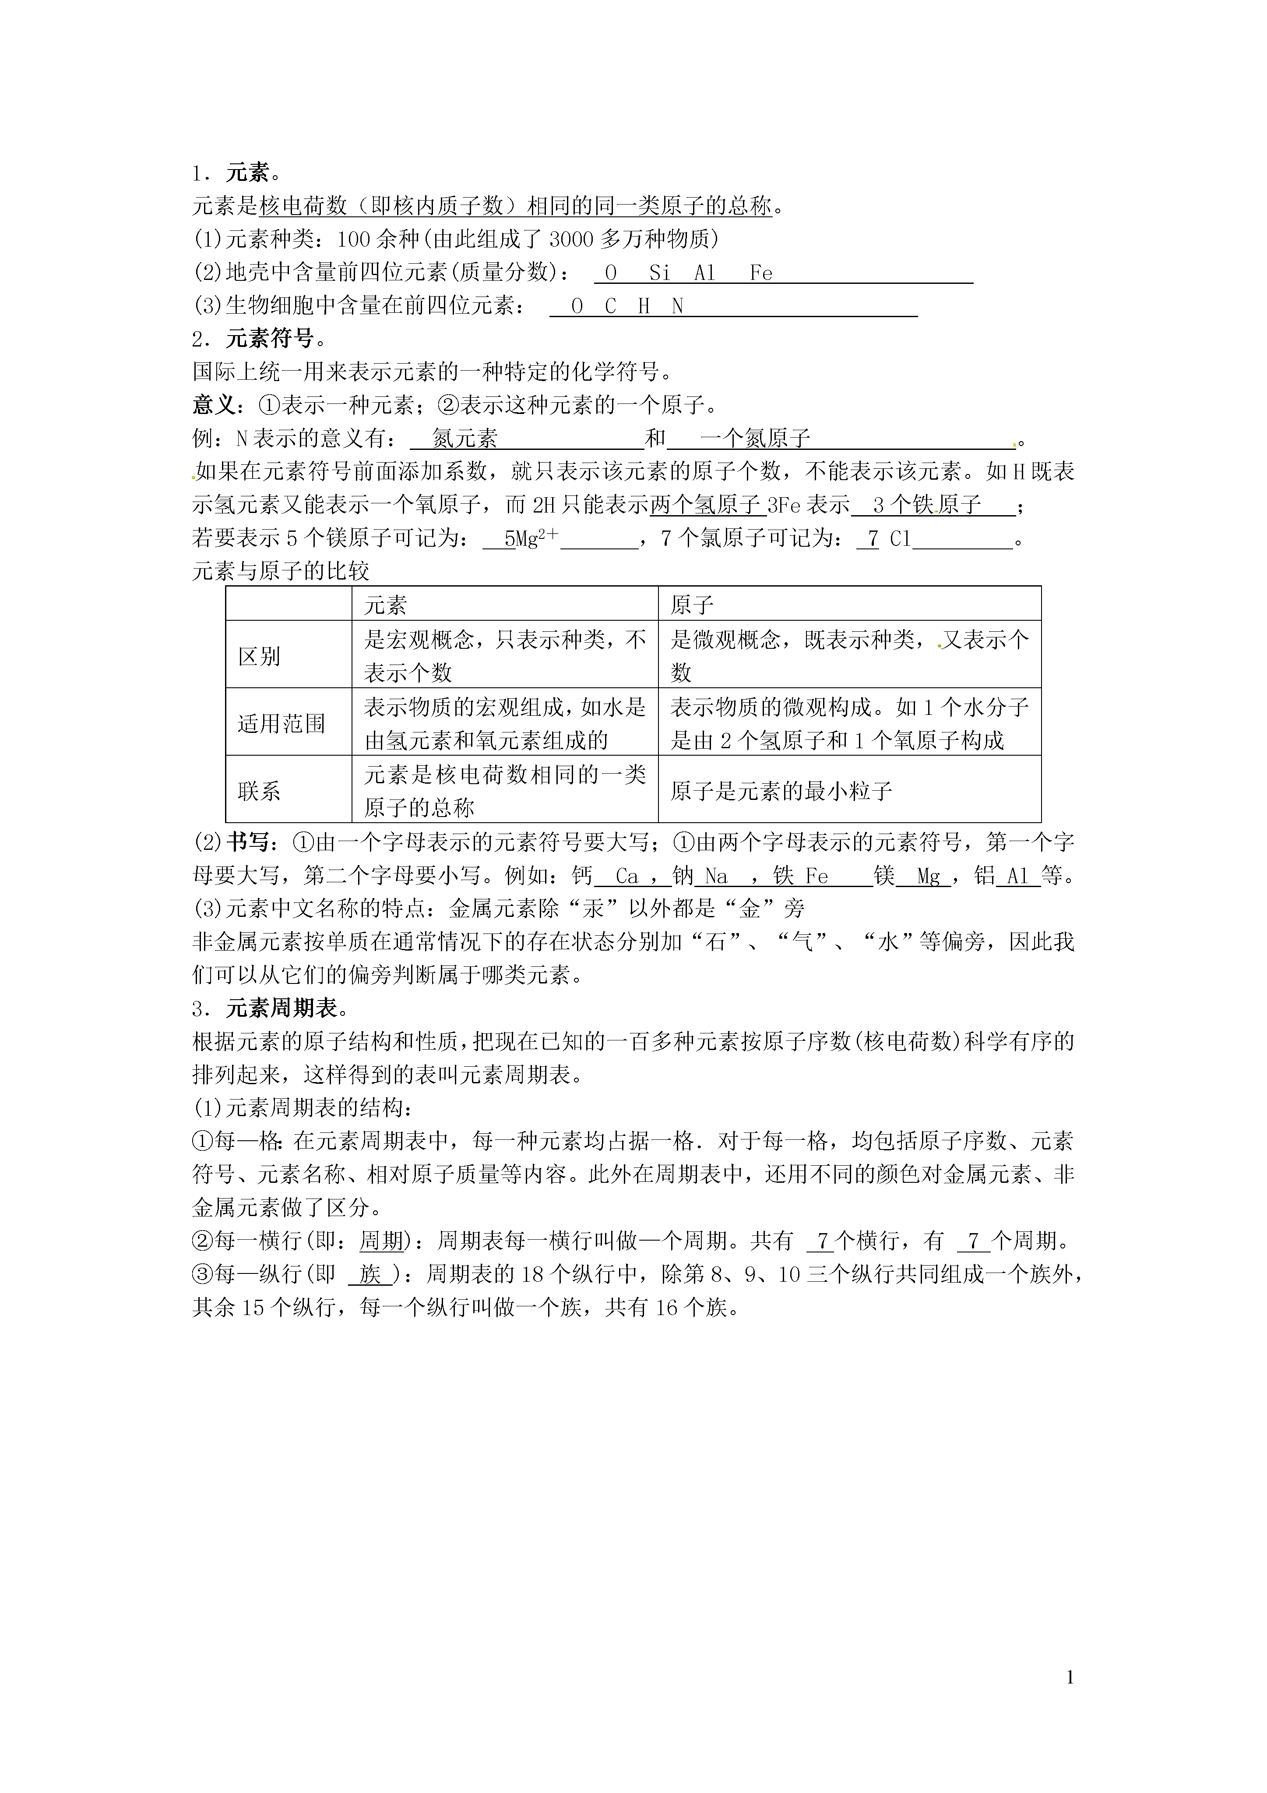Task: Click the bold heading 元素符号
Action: tap(269, 339)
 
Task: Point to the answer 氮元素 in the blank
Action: tap(465, 439)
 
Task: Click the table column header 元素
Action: tap(386, 605)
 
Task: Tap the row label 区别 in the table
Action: tap(259, 656)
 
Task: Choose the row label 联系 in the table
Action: tap(259, 791)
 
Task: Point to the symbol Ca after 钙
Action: tap(627, 876)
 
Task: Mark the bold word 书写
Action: tap(248, 842)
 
